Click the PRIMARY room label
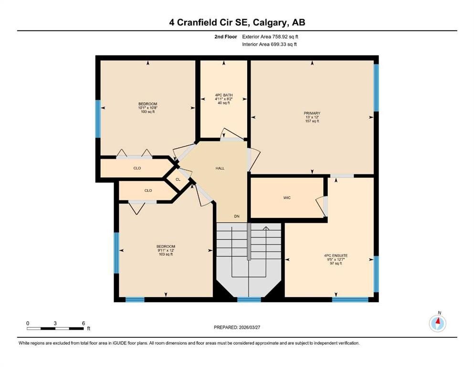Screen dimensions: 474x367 click(312, 113)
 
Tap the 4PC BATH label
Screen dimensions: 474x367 click(224, 95)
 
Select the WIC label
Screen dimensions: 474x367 click(287, 197)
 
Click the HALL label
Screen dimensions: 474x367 click(220, 168)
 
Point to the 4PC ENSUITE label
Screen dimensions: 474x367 click(336, 256)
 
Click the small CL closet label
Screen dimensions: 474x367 click(178, 179)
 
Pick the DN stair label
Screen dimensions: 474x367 click(237, 216)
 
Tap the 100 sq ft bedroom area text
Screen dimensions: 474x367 click(148, 112)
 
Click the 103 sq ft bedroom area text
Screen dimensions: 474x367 click(166, 254)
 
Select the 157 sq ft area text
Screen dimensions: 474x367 click(312, 121)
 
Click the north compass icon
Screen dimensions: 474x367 click(437, 323)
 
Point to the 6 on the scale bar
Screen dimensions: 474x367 click(84, 323)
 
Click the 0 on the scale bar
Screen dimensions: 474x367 click(28, 323)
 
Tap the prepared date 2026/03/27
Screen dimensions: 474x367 click(249, 327)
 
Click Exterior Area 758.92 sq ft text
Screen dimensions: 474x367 click(270, 37)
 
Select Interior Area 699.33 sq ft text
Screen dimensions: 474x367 click(269, 44)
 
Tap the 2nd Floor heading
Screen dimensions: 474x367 click(226, 37)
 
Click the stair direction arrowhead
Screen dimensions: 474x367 click(266, 228)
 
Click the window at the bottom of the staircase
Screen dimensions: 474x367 click(249, 300)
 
